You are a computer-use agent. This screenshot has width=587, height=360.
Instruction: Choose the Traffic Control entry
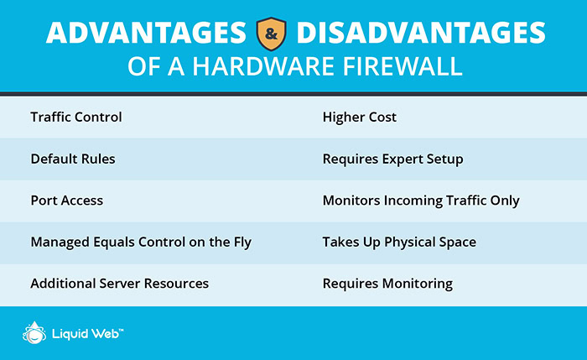(76, 117)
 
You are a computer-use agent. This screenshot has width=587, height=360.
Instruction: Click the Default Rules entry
(73, 159)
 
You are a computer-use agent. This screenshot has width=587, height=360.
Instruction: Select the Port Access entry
(67, 201)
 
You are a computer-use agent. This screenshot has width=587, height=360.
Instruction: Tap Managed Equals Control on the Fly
(141, 242)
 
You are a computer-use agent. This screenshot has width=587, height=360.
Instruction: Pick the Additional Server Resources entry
(120, 284)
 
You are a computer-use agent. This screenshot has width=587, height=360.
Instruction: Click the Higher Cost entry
(360, 117)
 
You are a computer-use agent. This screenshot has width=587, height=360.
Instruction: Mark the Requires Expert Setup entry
(392, 159)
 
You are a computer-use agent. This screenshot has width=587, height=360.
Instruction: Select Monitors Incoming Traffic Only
(421, 201)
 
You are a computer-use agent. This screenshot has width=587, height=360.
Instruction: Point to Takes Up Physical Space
(399, 242)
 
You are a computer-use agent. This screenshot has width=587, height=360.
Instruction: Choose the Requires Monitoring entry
(387, 284)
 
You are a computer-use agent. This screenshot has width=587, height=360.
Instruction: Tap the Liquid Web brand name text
(87, 334)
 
